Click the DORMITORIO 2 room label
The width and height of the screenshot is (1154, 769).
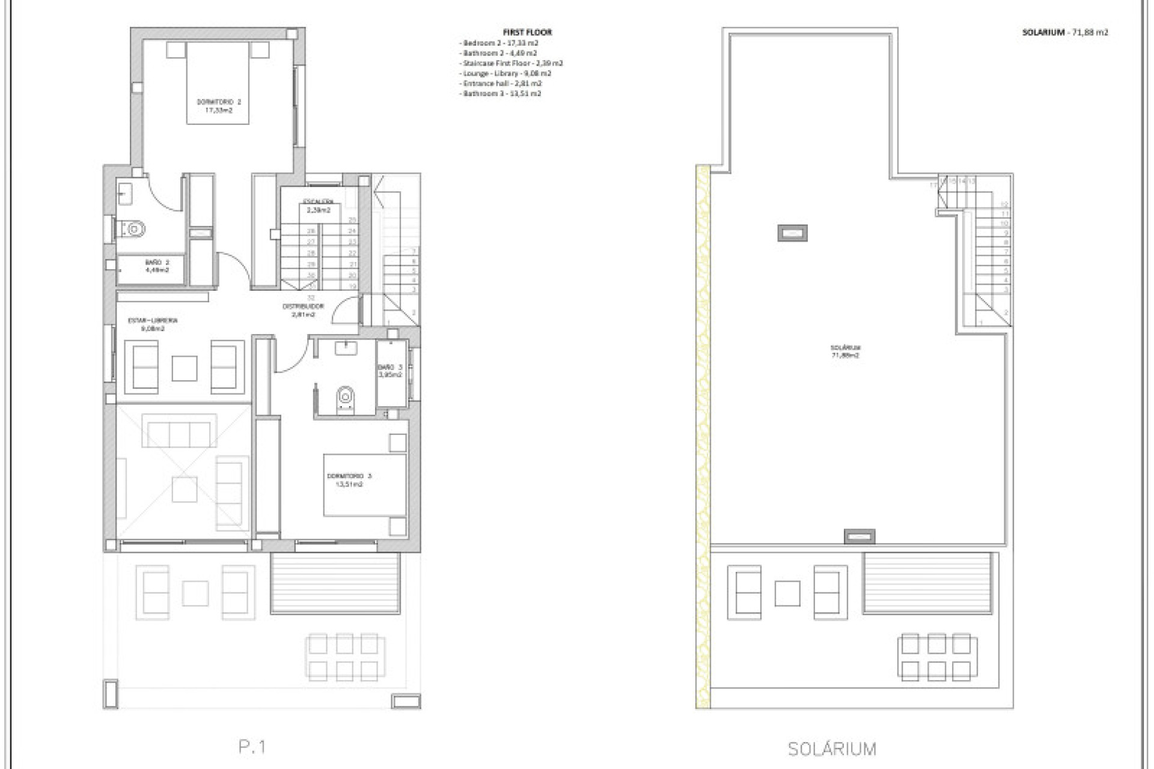pyautogui.click(x=218, y=106)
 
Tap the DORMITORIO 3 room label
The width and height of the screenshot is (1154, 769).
pyautogui.click(x=349, y=480)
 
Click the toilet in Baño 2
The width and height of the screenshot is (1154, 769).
pyautogui.click(x=135, y=229)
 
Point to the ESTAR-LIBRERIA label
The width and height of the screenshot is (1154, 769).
pyautogui.click(x=153, y=324)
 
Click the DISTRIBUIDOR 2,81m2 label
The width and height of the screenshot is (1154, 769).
pyautogui.click(x=303, y=310)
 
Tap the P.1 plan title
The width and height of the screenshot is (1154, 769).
pyautogui.click(x=252, y=747)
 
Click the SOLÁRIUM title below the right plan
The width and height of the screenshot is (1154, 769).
pyautogui.click(x=832, y=749)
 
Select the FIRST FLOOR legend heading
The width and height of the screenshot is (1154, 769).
pyautogui.click(x=527, y=32)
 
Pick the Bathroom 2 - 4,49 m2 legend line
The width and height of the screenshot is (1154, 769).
pyautogui.click(x=499, y=53)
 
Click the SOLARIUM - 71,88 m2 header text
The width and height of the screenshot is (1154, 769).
pyautogui.click(x=1064, y=32)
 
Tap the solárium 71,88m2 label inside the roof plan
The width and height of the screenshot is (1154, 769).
pyautogui.click(x=845, y=351)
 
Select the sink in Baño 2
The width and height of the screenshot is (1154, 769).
pyautogui.click(x=125, y=193)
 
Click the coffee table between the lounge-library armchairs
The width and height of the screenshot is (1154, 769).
pyautogui.click(x=185, y=368)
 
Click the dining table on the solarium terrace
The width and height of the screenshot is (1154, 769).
pyautogui.click(x=937, y=657)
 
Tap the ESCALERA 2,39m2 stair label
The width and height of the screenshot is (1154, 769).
pyautogui.click(x=319, y=206)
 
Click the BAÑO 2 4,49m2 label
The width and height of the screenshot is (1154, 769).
pyautogui.click(x=157, y=266)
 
